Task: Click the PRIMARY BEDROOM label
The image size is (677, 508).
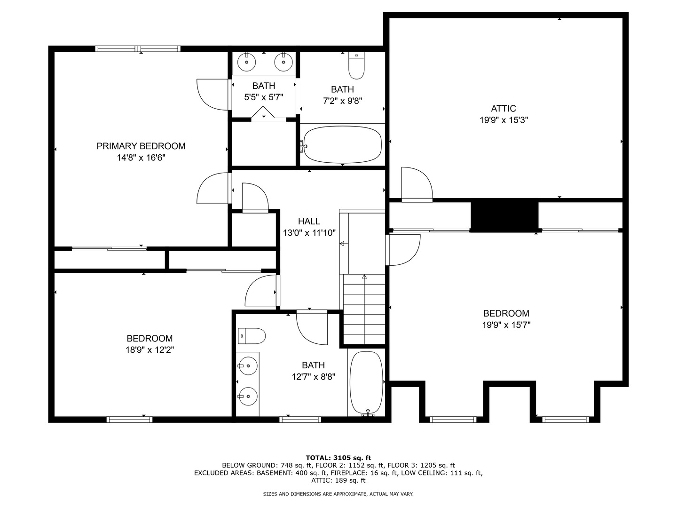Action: (141, 146)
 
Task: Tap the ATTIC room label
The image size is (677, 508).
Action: (504, 109)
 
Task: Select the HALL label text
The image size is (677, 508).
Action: (309, 221)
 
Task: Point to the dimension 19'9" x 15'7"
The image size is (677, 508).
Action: (506, 325)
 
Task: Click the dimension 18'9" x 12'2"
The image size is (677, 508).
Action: (150, 350)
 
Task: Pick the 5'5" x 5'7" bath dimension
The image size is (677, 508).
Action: (264, 97)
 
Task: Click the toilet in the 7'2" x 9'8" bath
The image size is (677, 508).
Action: (356, 65)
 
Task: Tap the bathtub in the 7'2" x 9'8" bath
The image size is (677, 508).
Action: (342, 144)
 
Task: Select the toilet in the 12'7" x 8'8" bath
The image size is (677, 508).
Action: (252, 336)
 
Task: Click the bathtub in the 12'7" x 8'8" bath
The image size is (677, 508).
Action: (367, 383)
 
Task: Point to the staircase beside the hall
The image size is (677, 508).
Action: (364, 309)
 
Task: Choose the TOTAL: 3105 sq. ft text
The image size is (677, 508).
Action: (338, 458)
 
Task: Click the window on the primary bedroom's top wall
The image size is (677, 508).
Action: (138, 49)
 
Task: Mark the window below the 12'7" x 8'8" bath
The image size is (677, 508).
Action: (300, 420)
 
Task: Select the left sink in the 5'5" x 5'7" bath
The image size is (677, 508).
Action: (246, 62)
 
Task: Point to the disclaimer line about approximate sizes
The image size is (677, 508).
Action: (338, 494)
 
